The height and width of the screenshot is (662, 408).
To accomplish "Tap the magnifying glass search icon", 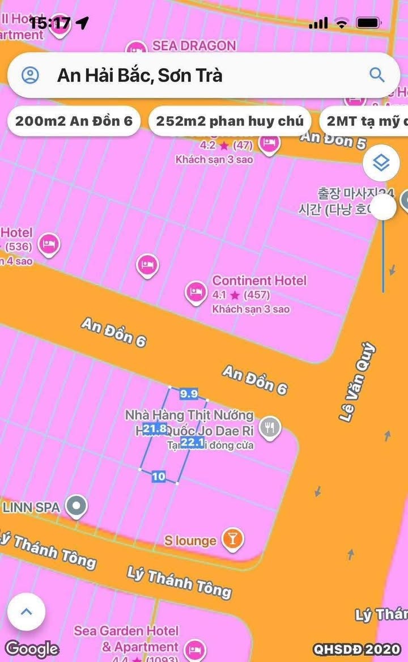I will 377,74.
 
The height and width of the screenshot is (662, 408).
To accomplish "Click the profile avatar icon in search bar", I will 29,75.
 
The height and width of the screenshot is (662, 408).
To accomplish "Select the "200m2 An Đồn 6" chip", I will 74,121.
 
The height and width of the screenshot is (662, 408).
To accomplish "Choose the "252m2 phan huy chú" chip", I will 229,121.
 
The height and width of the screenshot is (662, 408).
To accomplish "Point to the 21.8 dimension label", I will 155,428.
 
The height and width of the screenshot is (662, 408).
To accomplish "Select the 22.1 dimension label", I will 192,443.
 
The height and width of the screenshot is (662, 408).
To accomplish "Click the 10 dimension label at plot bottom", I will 159,477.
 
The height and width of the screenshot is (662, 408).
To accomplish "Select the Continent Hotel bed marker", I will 196,292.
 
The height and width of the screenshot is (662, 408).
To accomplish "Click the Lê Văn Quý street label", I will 357,381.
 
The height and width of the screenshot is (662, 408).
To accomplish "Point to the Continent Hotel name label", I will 259,281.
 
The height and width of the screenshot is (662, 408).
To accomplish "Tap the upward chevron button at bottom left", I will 26,612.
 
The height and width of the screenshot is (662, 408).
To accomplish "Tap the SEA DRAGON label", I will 194,46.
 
